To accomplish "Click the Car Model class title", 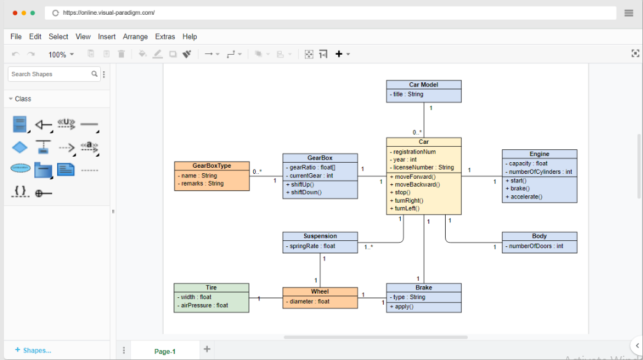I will click(x=424, y=85).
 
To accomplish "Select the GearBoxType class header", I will click(x=211, y=166).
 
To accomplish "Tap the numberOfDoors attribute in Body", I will click(x=535, y=246).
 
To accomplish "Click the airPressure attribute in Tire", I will click(x=205, y=305).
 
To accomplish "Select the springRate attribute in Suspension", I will click(x=312, y=246).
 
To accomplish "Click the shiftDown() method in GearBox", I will click(x=306, y=192).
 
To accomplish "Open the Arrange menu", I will click(x=135, y=37).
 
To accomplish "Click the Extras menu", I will click(x=165, y=37).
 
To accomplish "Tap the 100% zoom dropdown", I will click(x=61, y=55).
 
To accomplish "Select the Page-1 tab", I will click(x=165, y=351).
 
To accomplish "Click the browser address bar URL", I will click(x=108, y=12).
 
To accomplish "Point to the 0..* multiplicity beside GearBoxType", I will click(x=257, y=172).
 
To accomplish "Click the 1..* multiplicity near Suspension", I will click(x=368, y=247).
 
